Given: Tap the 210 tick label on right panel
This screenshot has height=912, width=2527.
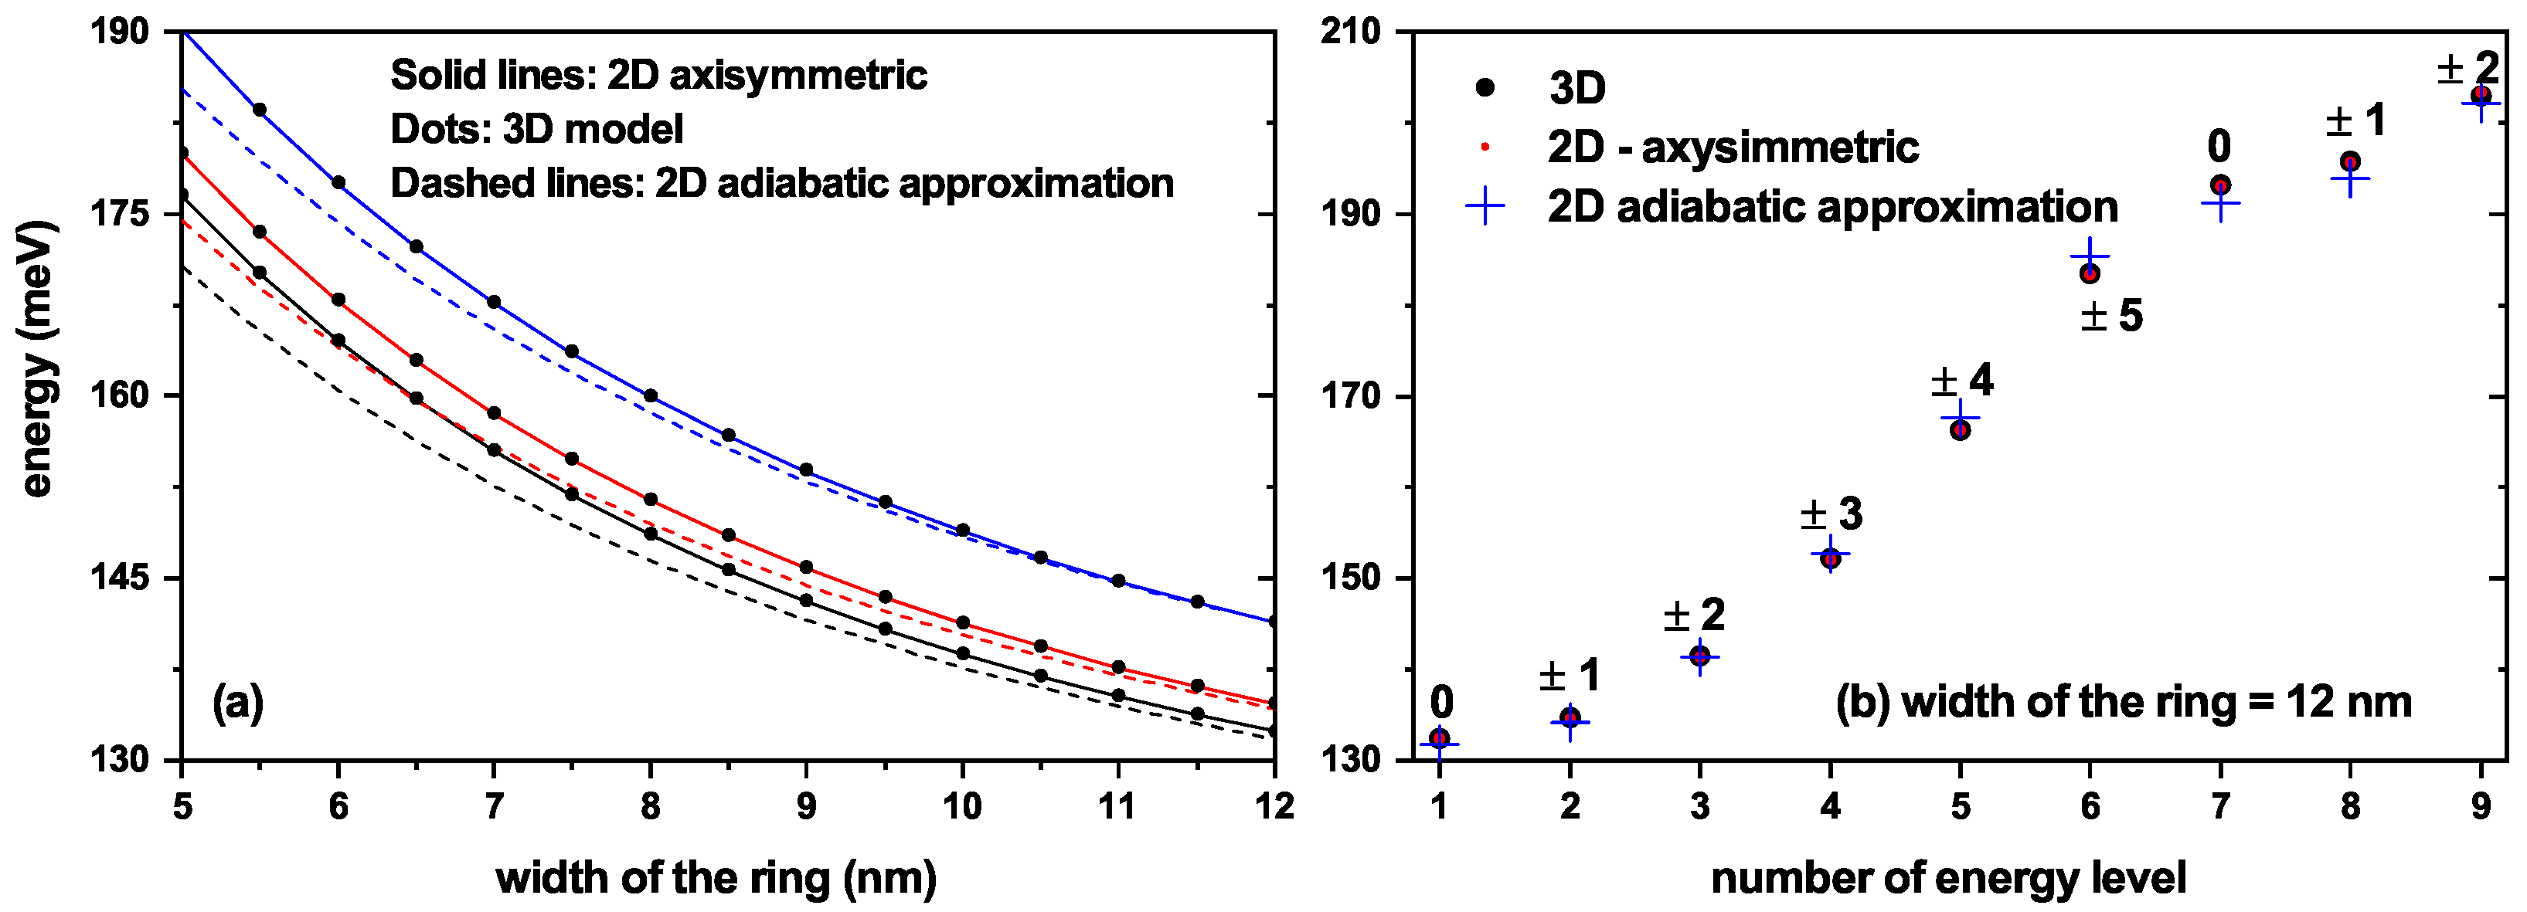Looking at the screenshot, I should pos(1350,32).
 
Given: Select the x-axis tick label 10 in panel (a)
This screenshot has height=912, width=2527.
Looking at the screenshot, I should pos(961,807).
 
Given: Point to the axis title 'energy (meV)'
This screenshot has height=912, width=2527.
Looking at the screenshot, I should pos(36,360).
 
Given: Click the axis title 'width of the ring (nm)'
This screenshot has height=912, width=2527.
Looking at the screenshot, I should pos(716,878).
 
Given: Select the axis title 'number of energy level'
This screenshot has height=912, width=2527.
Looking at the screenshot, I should pos(1948,878).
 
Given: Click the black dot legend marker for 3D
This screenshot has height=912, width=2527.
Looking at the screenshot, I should pos(1485,87).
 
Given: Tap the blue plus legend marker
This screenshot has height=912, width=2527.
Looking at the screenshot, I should pos(1485,206).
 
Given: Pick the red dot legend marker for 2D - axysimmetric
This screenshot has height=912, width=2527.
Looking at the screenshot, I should pos(1485,147).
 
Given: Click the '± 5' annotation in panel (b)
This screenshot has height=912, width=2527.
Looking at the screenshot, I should pos(2112,316).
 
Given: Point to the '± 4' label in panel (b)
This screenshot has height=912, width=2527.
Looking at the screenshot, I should pos(1962,381).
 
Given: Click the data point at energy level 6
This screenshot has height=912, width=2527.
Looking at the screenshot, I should pos(2090,273).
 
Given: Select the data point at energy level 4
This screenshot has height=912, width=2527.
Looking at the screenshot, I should pos(1829,558).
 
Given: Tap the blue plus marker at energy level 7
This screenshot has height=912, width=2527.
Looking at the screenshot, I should pos(2220,203).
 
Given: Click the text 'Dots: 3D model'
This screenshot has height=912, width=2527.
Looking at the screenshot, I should pos(536,128).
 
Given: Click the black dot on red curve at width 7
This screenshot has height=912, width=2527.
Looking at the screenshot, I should pos(494,413).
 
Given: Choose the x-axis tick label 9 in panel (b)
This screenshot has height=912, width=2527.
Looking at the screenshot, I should pos(2480,807).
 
